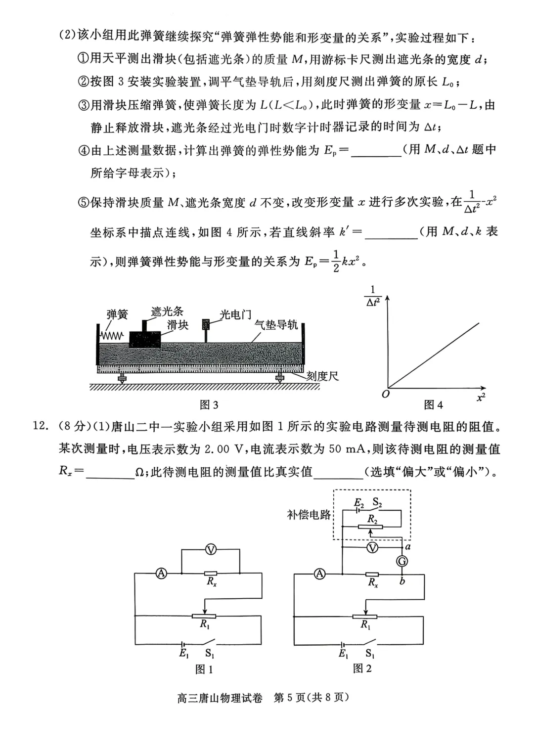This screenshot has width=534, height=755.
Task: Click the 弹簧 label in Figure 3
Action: (x=117, y=314)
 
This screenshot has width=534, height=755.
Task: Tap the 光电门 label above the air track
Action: (x=235, y=315)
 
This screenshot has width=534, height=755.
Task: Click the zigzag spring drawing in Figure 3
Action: (x=112, y=336)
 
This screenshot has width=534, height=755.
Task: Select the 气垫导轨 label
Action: (x=276, y=324)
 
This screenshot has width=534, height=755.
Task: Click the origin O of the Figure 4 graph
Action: (x=386, y=394)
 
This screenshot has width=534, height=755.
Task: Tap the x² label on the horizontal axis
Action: (x=481, y=397)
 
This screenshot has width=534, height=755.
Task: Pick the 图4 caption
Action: (x=433, y=405)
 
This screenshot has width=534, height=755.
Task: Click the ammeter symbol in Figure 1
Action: (x=161, y=574)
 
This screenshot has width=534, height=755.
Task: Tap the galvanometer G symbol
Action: (x=402, y=561)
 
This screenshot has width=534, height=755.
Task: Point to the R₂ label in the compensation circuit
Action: (x=373, y=519)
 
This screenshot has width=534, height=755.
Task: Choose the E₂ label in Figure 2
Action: (x=359, y=503)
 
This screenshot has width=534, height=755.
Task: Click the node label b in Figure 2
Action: (x=402, y=581)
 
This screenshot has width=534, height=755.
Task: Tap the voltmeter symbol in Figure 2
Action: (x=372, y=547)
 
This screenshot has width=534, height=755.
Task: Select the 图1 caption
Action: (x=204, y=669)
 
